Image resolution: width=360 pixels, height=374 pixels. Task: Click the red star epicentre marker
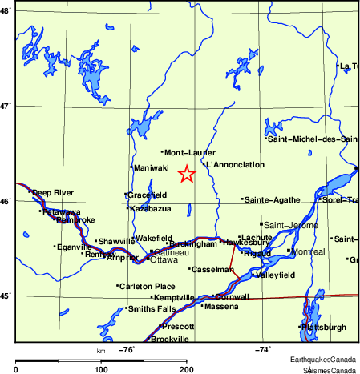pyautogui.click(x=186, y=174)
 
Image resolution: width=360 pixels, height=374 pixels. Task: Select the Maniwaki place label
pyautogui.click(x=152, y=167)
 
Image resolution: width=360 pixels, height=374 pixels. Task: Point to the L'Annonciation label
pyautogui.click(x=235, y=165)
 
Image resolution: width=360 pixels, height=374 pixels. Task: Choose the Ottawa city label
pyautogui.click(x=164, y=260)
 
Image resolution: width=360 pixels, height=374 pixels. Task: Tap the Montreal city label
pyautogui.click(x=309, y=251)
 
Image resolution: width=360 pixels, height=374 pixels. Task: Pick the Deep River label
pyautogui.click(x=53, y=192)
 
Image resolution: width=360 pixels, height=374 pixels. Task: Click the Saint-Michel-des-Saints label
pyautogui.click(x=313, y=139)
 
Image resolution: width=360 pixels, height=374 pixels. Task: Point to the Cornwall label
pyautogui.click(x=233, y=296)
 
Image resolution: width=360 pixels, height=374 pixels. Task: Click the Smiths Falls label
pyautogui.click(x=152, y=308)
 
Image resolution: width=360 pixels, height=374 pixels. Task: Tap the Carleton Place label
pyautogui.click(x=148, y=286)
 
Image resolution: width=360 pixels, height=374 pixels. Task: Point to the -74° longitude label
pyautogui.click(x=263, y=349)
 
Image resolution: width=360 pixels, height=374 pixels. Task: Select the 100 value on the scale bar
pyautogui.click(x=101, y=369)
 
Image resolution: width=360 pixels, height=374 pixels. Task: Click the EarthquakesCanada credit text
pyautogui.click(x=323, y=359)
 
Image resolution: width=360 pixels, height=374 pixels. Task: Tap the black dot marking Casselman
pyautogui.click(x=190, y=269)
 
